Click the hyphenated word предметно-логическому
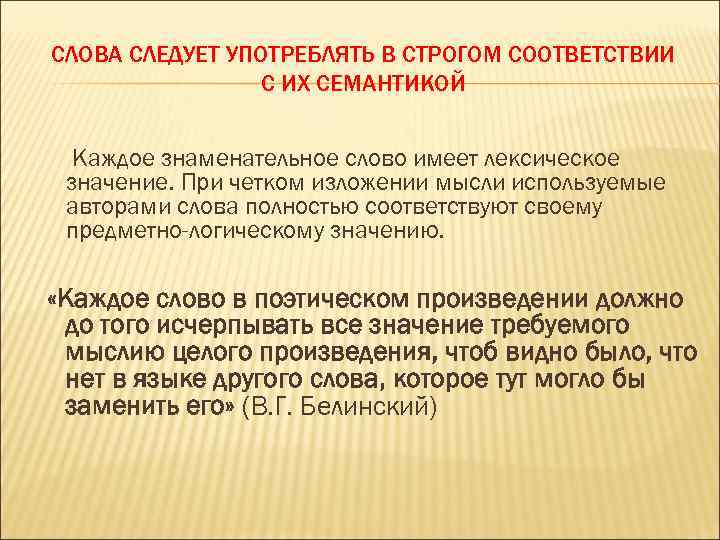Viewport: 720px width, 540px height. click(x=197, y=233)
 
